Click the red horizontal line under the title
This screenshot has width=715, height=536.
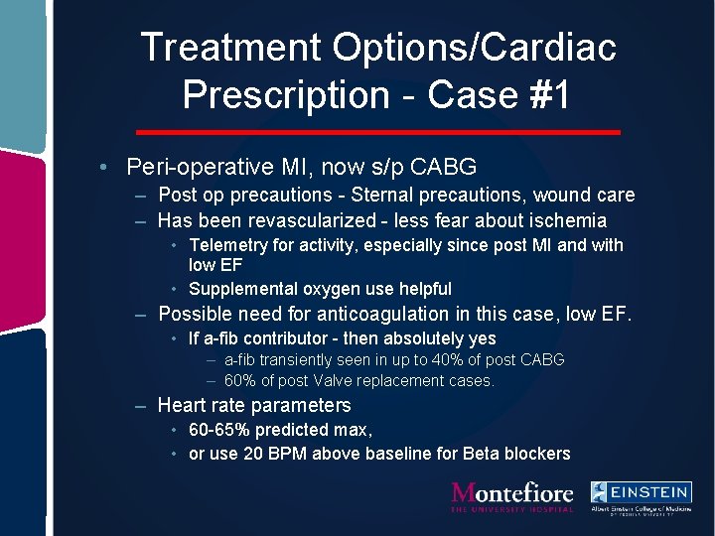(377, 132)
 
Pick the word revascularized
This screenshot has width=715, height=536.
(330, 220)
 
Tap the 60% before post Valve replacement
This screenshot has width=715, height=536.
(241, 380)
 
